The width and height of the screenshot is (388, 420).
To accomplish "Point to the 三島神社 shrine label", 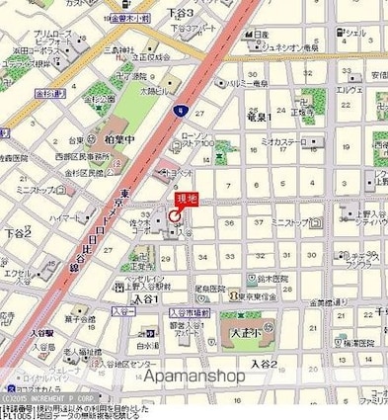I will pyautogui.click(x=130, y=49).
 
